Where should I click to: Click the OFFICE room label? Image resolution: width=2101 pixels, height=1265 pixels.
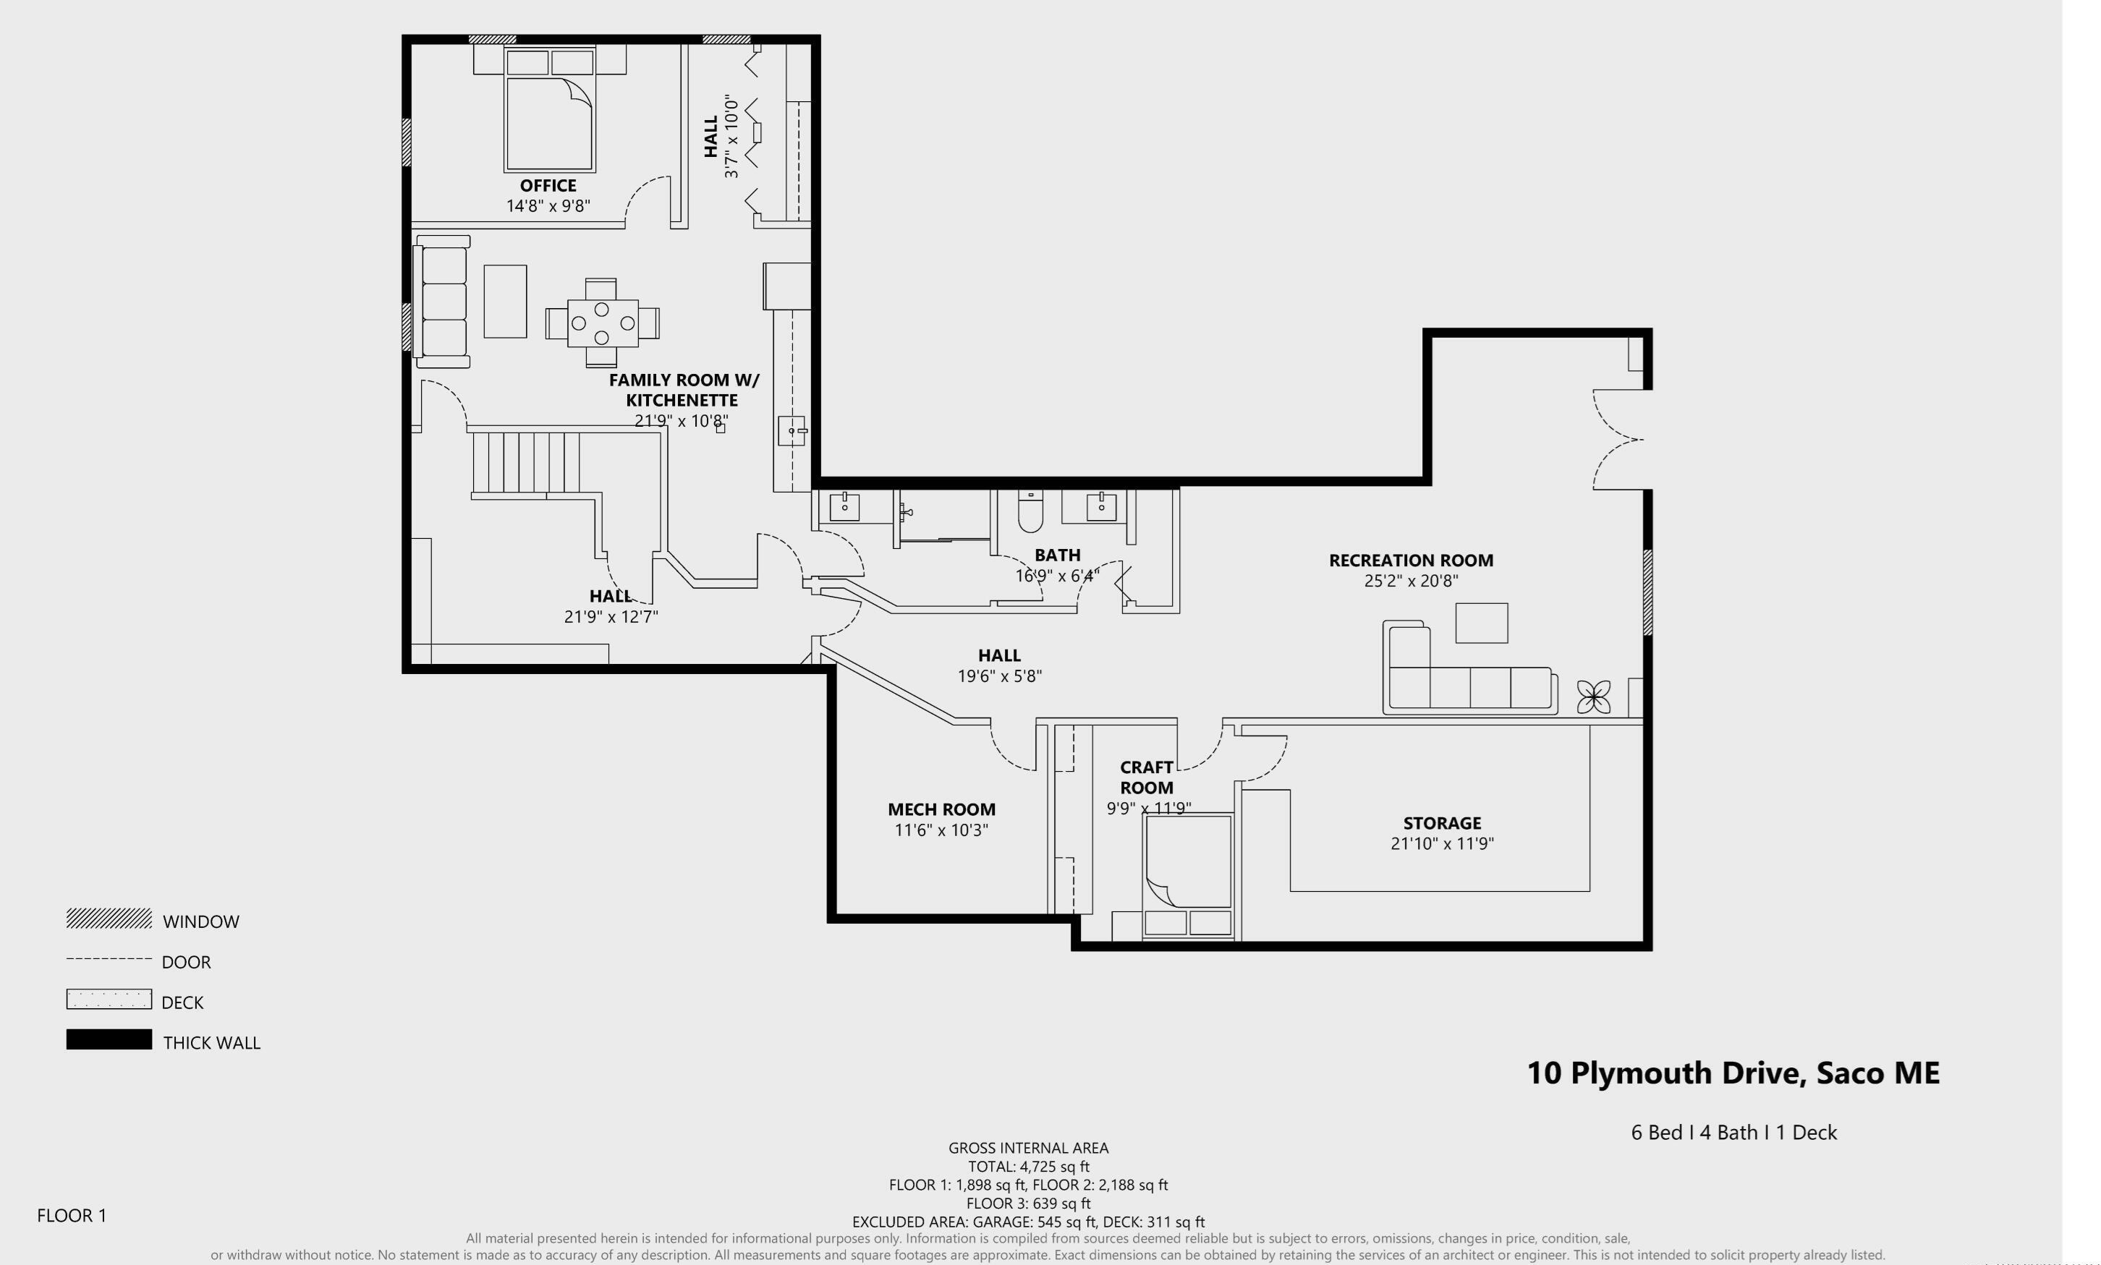548,185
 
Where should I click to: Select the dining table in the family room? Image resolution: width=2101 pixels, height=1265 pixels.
602,323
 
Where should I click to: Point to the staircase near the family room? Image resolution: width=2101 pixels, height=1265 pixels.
526,463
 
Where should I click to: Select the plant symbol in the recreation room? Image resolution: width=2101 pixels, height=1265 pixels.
1593,697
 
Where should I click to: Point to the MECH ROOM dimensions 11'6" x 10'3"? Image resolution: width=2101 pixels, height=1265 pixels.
941,830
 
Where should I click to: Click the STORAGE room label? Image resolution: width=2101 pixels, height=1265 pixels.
1442,822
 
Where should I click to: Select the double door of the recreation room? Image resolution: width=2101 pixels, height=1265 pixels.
1618,440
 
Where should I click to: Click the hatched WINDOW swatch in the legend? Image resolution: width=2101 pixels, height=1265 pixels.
109,918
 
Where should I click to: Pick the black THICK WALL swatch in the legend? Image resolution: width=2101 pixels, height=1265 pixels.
109,1039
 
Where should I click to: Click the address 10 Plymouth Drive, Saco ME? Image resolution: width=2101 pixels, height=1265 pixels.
1733,1073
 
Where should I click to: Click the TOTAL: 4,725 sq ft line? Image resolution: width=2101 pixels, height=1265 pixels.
1028,1166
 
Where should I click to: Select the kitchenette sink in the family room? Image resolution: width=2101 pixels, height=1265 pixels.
792,430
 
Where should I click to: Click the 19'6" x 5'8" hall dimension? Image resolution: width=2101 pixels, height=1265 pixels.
998,676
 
